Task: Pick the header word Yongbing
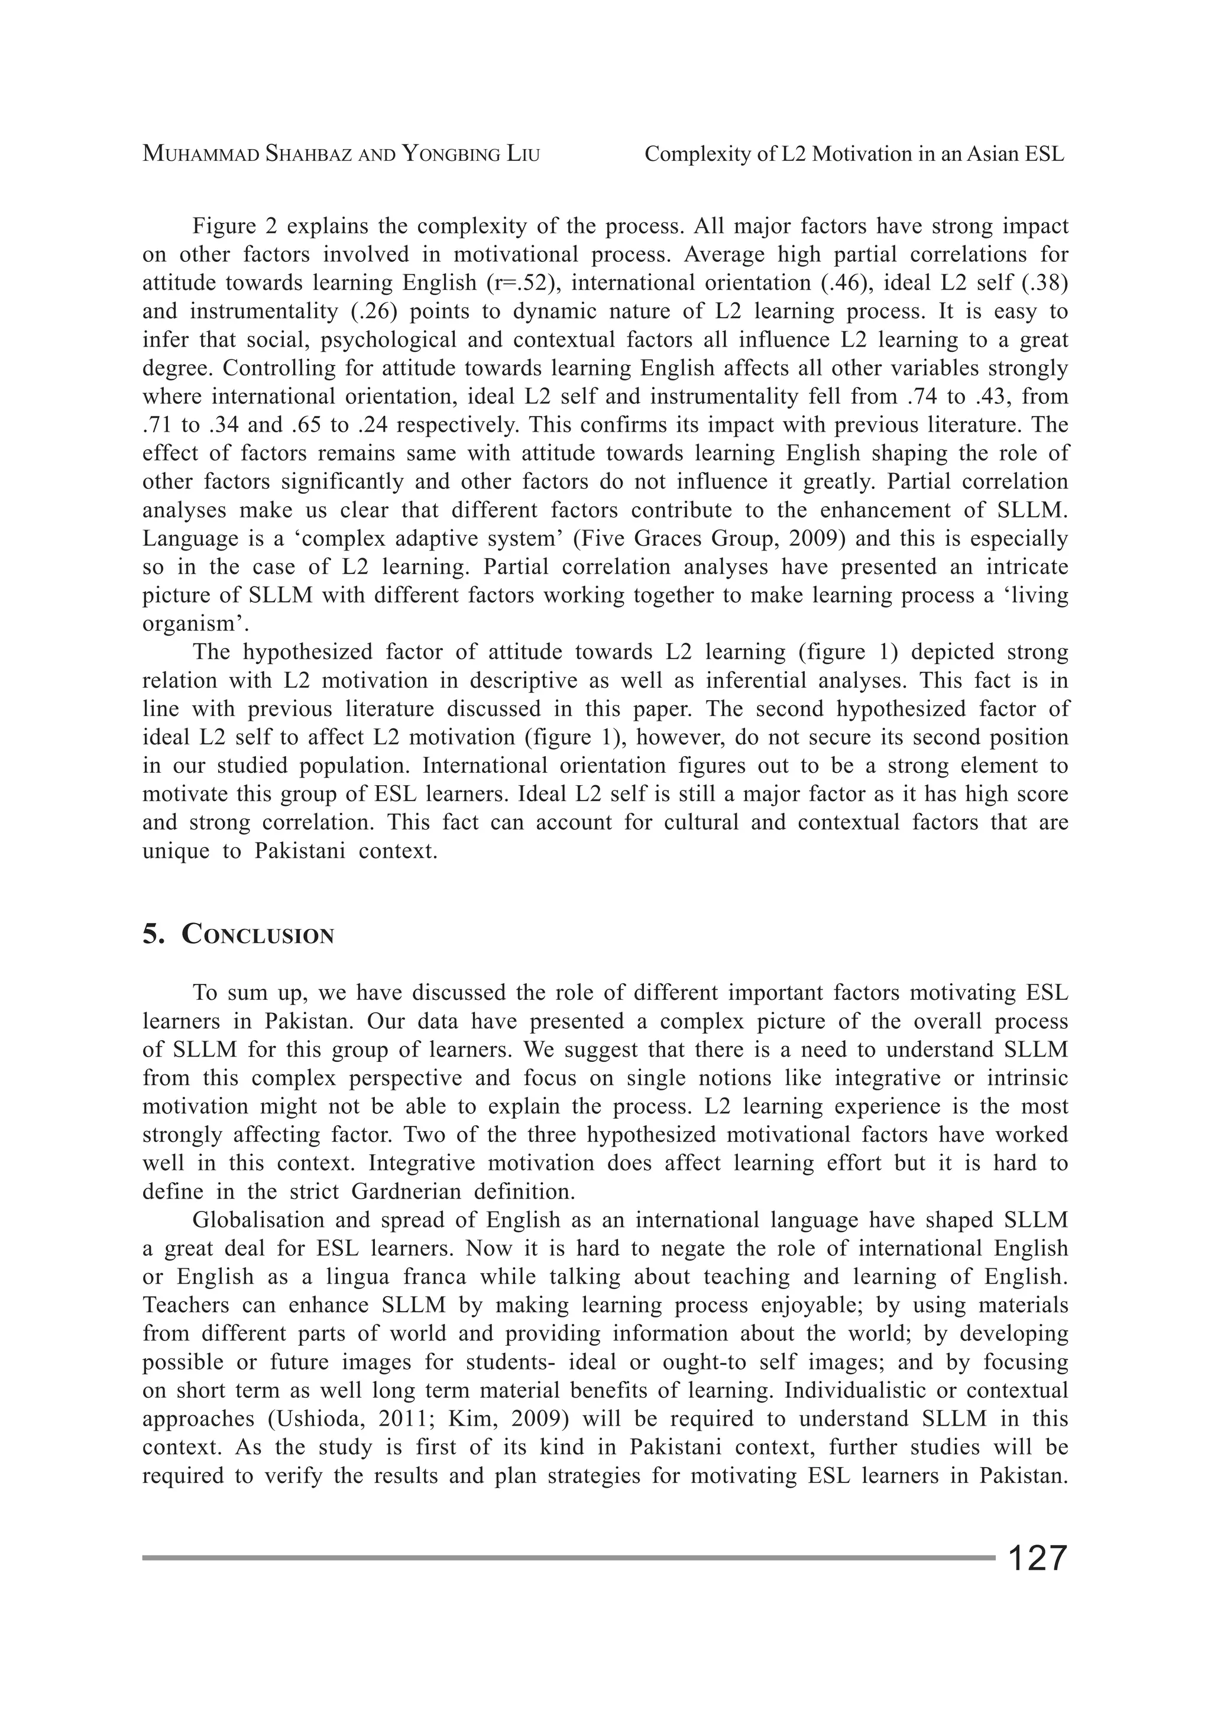pyautogui.click(x=446, y=154)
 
